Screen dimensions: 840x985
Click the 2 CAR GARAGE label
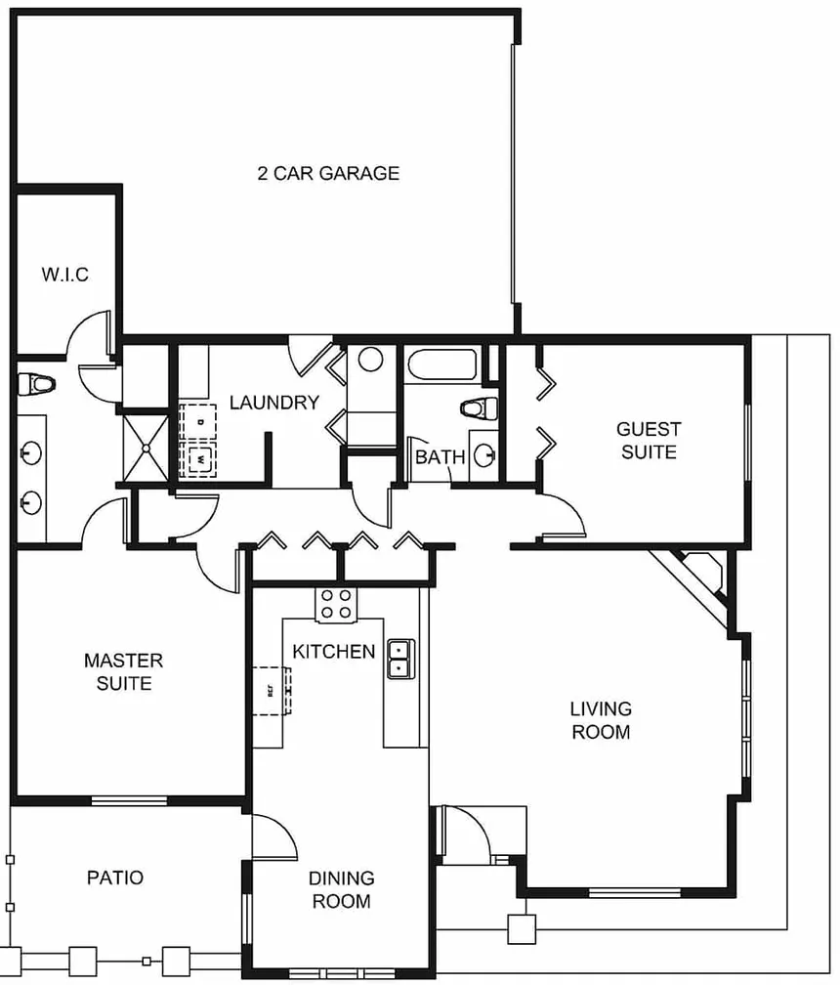[x=328, y=173]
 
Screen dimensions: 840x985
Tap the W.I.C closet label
[x=65, y=275]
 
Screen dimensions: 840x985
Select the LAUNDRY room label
[x=274, y=402]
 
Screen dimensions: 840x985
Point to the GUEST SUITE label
[x=650, y=441]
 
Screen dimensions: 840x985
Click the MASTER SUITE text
[x=124, y=671]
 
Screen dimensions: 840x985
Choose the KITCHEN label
[x=334, y=652]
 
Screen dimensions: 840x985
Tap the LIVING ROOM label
[x=601, y=720]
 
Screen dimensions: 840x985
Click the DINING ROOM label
[x=342, y=889]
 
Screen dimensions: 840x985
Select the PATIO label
[x=115, y=877]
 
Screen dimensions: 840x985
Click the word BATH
[x=441, y=456]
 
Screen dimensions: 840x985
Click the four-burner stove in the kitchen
[x=336, y=604]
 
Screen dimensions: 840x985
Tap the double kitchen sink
[x=400, y=659]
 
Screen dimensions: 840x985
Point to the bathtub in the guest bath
[x=441, y=365]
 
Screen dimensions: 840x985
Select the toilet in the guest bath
[x=480, y=408]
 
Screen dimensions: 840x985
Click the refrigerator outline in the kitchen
[x=272, y=691]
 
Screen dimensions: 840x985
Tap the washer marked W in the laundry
[x=199, y=460]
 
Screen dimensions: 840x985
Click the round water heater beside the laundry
[x=370, y=360]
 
